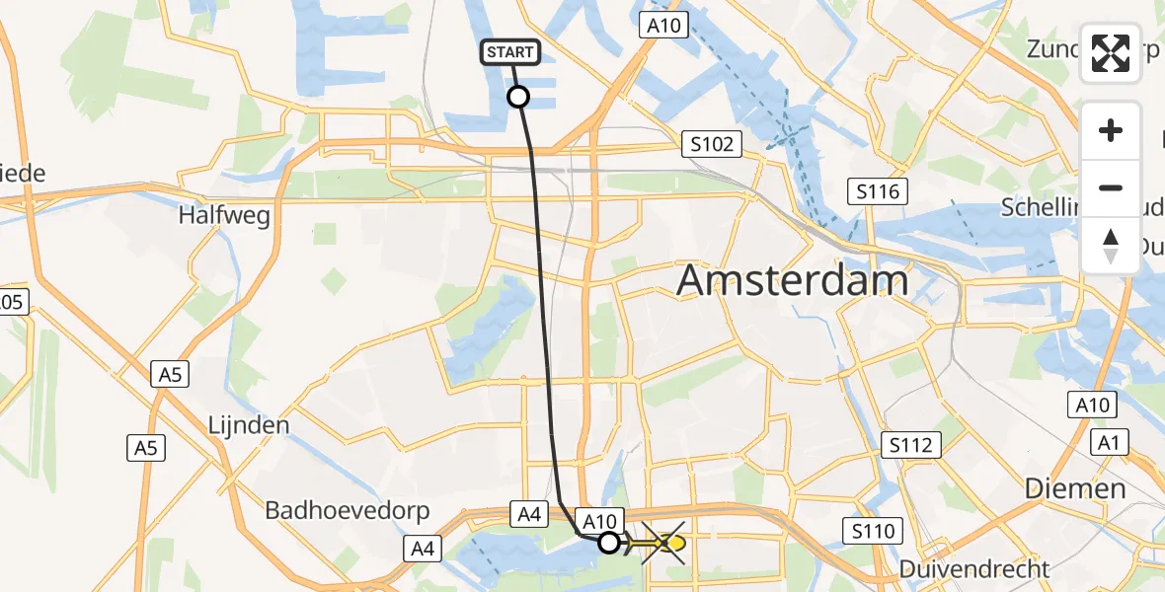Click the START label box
tap(511, 52)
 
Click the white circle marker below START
tap(517, 97)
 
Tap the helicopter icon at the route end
tap(663, 543)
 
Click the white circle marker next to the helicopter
tap(609, 542)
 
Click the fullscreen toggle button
tap(1111, 53)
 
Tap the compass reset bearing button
tap(1111, 246)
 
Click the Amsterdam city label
tap(794, 281)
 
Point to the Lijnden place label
tap(249, 426)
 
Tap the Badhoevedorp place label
tap(332, 510)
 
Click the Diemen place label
tap(1074, 487)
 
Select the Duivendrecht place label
tap(974, 568)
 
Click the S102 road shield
tap(712, 145)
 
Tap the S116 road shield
tap(878, 191)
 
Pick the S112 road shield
tap(909, 445)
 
